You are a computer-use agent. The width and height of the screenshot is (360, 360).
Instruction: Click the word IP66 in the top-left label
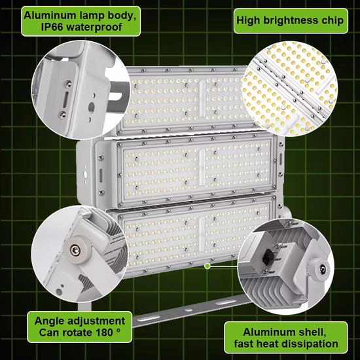(x=52, y=27)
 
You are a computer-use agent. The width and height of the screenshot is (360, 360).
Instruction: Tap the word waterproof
(x=94, y=27)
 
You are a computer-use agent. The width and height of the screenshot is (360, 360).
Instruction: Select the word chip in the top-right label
(x=333, y=21)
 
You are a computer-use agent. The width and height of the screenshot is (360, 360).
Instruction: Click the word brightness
(x=291, y=21)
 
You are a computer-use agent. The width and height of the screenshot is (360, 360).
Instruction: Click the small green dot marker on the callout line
(x=207, y=266)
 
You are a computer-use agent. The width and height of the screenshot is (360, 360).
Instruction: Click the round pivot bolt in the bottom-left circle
(x=75, y=250)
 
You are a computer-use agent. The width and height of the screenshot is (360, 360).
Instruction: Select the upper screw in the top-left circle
(x=67, y=84)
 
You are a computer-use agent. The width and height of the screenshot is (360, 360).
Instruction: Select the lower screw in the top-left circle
(x=62, y=115)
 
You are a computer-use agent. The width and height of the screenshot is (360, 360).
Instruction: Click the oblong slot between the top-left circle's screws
(x=65, y=99)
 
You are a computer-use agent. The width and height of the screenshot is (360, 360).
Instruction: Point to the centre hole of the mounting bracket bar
(x=189, y=310)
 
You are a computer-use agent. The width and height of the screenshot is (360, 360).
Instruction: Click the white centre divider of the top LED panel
(x=202, y=99)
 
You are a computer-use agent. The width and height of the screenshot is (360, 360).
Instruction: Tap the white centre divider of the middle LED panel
(x=202, y=168)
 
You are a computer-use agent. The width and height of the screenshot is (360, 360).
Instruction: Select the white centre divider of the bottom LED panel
(x=202, y=234)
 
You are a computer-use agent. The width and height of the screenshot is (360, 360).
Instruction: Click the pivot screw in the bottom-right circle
(x=322, y=269)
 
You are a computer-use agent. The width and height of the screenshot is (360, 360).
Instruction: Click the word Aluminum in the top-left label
(x=50, y=16)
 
